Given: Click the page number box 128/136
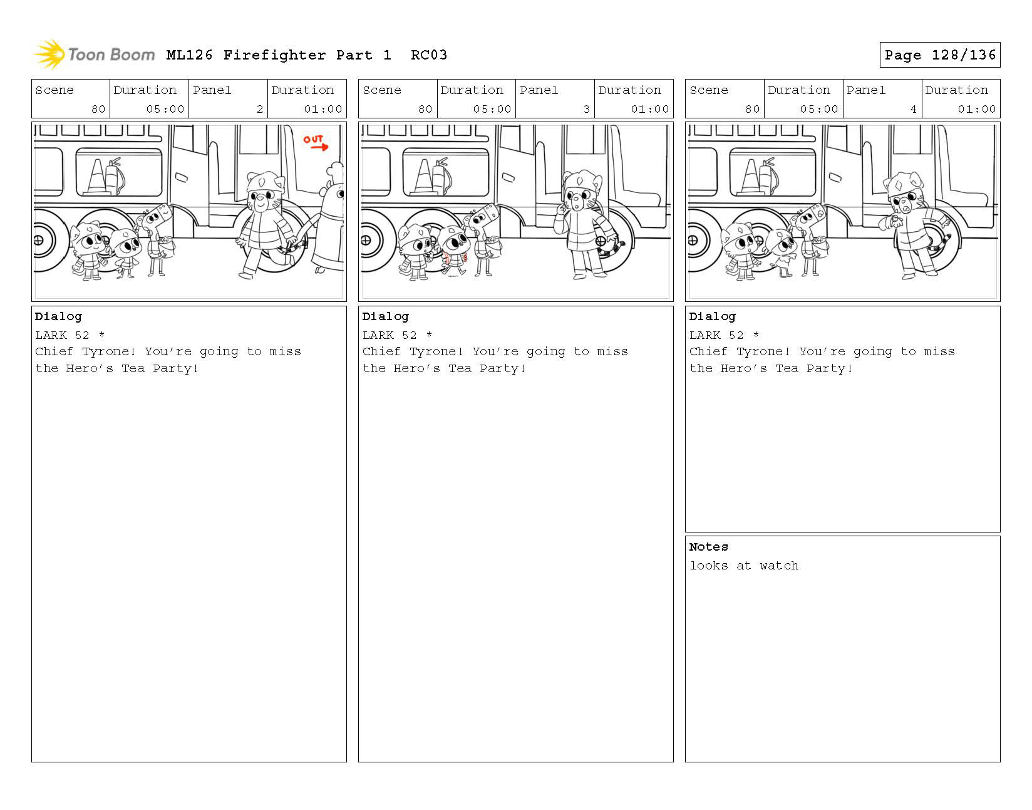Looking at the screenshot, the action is click(939, 55).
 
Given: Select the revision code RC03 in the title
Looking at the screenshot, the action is click(429, 55).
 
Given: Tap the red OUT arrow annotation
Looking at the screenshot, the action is click(316, 143).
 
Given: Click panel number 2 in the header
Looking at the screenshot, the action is click(260, 109).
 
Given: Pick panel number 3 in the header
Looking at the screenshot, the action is click(587, 109).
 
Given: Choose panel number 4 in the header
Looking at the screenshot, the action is click(913, 109).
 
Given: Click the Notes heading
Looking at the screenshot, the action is click(708, 547).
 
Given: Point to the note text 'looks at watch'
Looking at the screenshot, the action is click(744, 566).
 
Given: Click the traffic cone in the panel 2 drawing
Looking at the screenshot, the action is click(96, 177).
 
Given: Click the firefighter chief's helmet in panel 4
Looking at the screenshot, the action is click(903, 182).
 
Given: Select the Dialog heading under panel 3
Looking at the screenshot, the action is click(385, 317).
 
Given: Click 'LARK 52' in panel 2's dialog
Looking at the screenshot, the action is click(62, 335).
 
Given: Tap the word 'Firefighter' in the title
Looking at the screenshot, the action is click(274, 55).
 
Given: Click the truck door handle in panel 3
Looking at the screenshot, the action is click(508, 178).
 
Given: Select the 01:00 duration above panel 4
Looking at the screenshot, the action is click(976, 109).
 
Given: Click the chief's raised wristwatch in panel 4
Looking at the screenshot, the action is click(895, 219).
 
